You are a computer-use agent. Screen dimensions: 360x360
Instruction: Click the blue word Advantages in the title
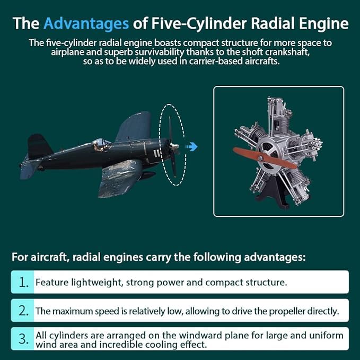point(86,23)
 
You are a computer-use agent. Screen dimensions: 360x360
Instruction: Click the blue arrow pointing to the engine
point(191,146)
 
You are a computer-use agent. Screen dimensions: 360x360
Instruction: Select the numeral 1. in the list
point(23,282)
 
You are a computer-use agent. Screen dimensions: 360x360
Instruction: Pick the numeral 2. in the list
point(23,311)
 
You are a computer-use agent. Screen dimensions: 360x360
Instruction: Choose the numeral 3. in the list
point(23,339)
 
